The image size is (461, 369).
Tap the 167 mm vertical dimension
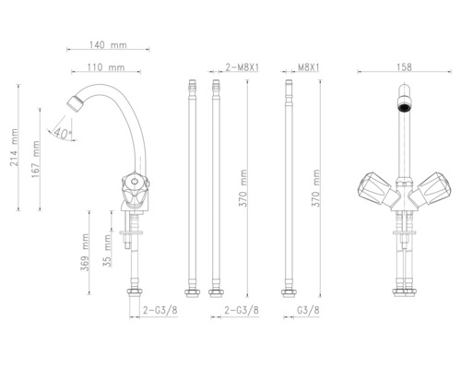pos(36,160)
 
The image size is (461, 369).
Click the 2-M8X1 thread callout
pos(241,67)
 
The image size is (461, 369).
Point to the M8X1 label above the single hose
pos(309,67)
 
